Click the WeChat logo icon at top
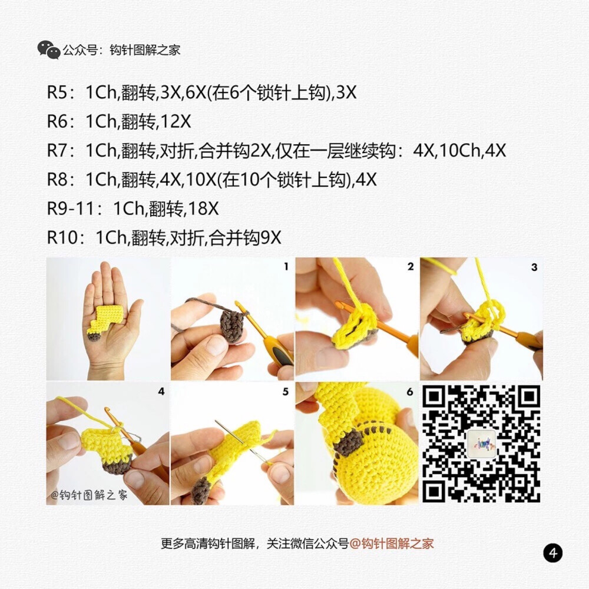[49, 50]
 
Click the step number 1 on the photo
[286, 267]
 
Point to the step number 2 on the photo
[410, 267]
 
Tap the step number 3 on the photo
[534, 267]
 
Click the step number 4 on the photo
[161, 391]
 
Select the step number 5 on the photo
[286, 391]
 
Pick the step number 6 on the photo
[410, 391]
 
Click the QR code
[481, 443]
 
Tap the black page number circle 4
[552, 553]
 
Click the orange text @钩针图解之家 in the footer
[392, 544]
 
